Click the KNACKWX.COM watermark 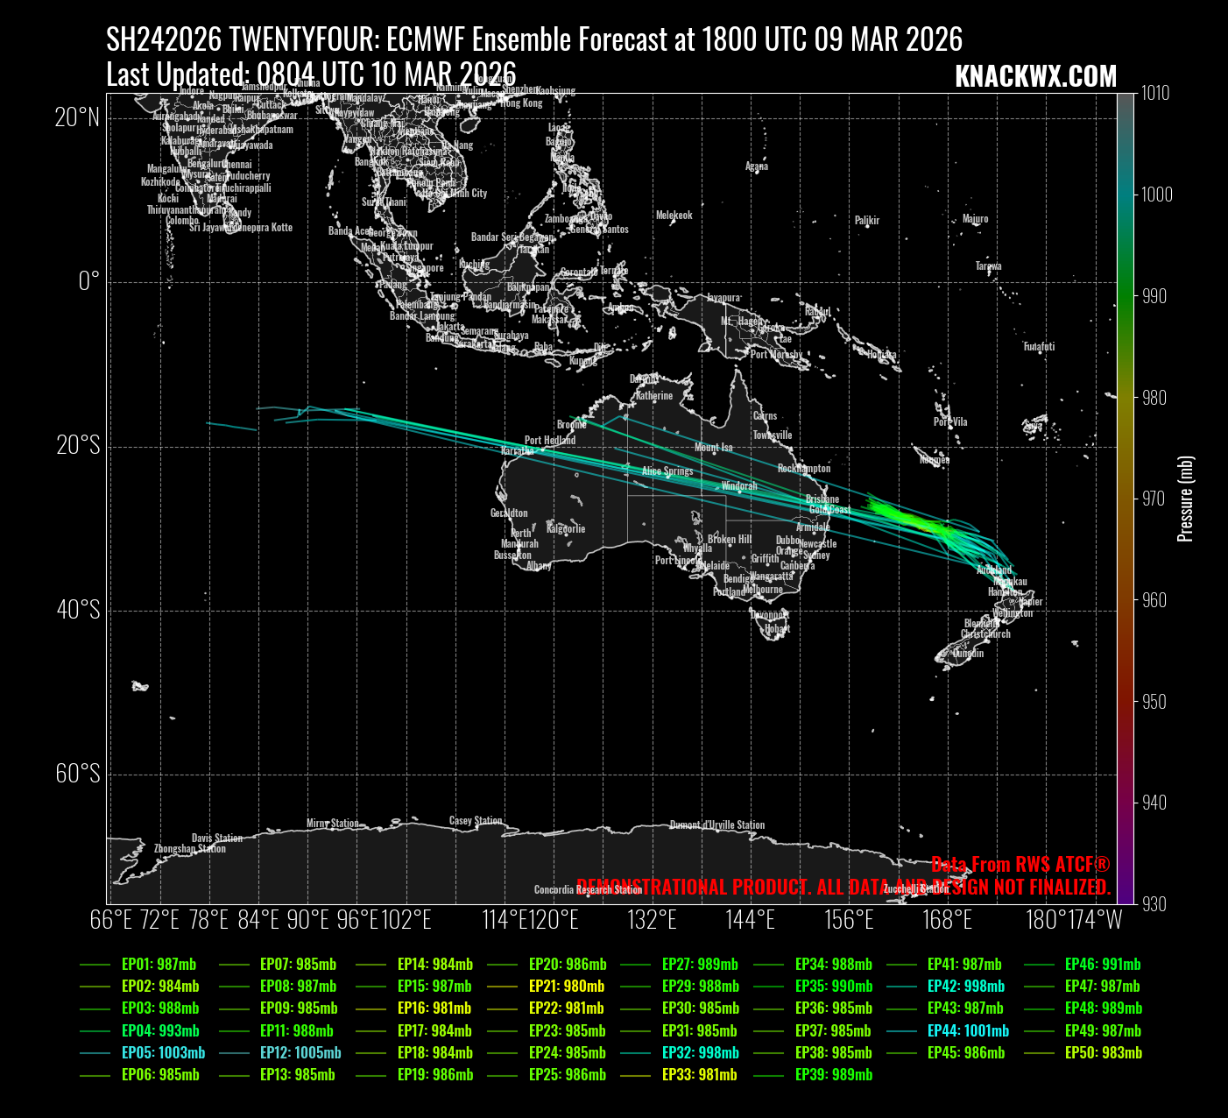[x=1035, y=77]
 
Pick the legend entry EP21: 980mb [x=566, y=987]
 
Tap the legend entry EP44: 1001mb [x=968, y=1031]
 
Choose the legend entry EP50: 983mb [x=1104, y=1053]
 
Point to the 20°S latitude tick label [x=78, y=447]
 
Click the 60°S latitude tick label [x=78, y=775]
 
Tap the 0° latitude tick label [x=89, y=282]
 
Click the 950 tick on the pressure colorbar [x=1154, y=702]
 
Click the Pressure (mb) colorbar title [x=1186, y=499]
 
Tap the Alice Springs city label [x=667, y=471]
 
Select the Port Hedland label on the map [x=550, y=441]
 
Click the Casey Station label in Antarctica [x=476, y=821]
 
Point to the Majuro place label [x=975, y=219]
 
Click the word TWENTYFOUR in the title [x=303, y=39]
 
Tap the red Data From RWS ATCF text [x=1020, y=865]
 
